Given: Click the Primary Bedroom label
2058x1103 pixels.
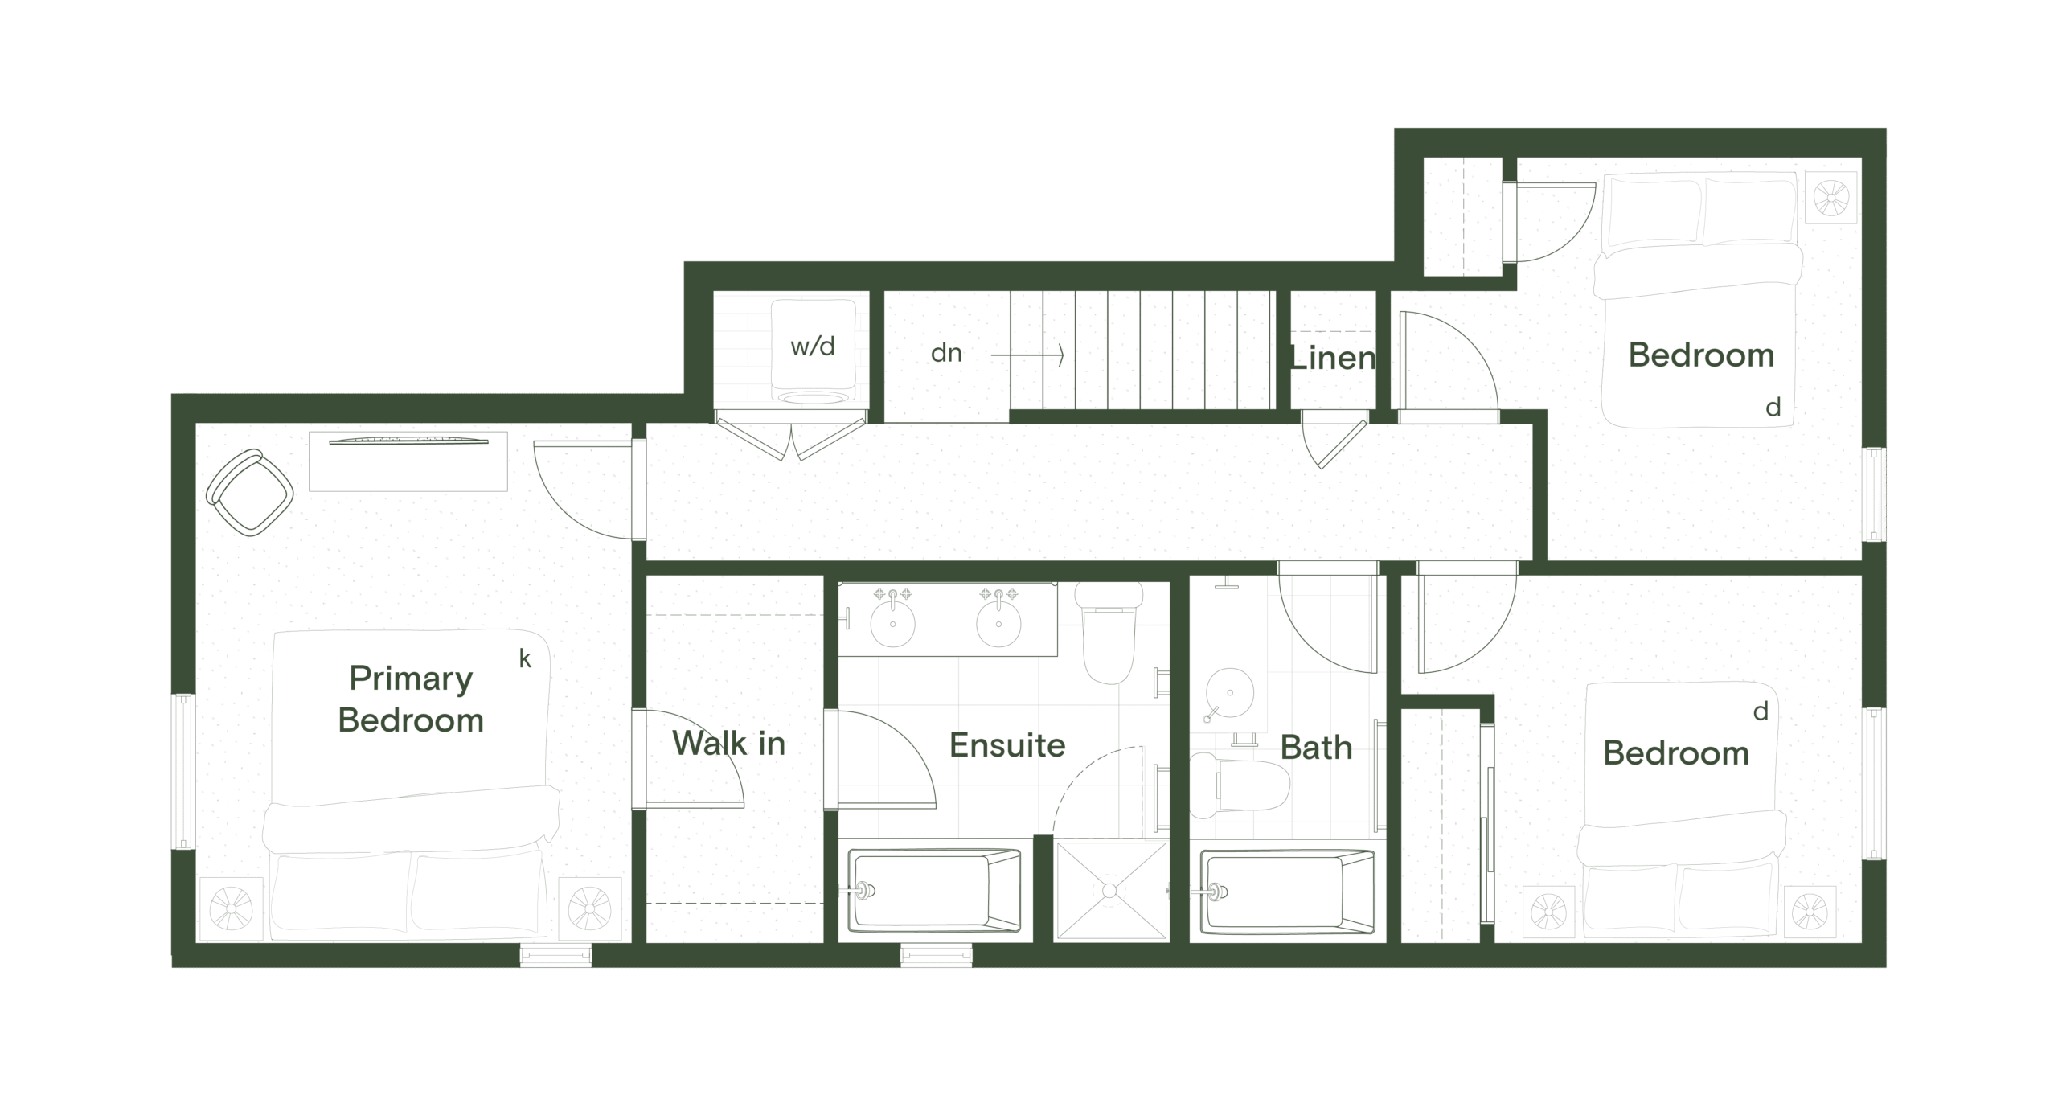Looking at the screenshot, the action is pos(411,699).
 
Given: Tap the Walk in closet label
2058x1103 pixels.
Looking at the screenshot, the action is pos(728,744).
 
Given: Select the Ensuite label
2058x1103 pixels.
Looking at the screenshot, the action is pos(1007,745).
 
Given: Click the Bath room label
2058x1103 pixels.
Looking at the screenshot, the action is pos(1316,748).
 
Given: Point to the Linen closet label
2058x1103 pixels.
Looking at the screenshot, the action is pos(1333,358).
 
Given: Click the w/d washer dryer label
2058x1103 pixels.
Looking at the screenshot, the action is pos(813,346).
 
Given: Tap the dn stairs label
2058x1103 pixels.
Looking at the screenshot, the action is pos(946,353).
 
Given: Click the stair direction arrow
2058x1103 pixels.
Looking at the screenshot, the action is pos(1027,355).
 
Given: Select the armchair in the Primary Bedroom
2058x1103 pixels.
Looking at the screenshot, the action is pos(249,493).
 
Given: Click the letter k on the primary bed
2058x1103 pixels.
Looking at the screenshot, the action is pos(525,659).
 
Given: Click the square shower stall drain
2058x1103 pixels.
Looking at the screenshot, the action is pos(1110,890).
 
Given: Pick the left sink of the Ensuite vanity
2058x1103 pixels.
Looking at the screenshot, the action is pos(892,622).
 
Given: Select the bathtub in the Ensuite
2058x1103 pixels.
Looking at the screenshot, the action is pos(934,891).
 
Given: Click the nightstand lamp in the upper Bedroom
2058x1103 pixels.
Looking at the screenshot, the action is pos(1832,197).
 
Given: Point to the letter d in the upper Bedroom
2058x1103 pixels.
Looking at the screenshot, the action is pos(1773,408).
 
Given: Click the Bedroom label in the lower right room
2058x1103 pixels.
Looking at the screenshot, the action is pos(1676,753).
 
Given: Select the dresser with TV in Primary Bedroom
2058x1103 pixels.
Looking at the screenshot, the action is pos(408,461).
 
